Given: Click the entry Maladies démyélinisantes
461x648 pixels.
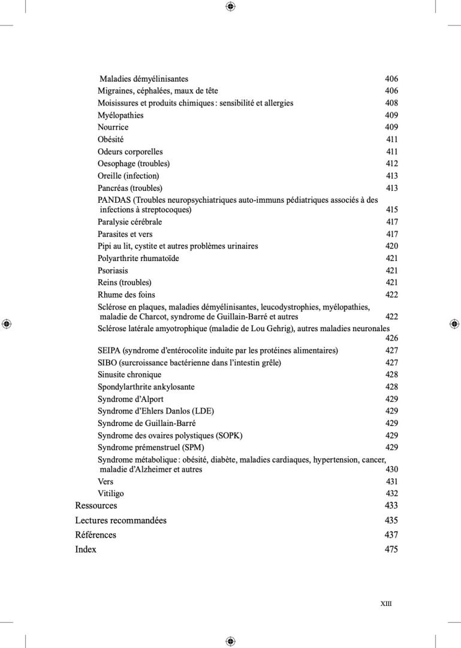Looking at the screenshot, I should (144, 79).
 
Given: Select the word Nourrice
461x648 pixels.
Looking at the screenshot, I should (113, 127).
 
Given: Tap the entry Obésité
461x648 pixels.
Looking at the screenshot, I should (110, 139).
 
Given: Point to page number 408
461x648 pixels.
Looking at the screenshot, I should (391, 103).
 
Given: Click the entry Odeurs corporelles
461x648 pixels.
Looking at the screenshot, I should (130, 152).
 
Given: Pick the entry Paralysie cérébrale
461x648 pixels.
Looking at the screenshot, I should (129, 222).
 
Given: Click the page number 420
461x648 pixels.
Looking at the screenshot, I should (391, 246).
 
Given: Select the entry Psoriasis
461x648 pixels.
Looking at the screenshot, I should (113, 271).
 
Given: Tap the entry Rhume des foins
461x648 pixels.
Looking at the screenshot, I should (126, 295).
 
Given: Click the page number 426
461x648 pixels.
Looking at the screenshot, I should (391, 338).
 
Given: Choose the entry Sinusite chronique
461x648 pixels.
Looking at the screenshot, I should (129, 375).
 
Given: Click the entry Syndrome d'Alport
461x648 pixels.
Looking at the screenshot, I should (131, 399).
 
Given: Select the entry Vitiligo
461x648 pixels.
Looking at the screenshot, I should (111, 494).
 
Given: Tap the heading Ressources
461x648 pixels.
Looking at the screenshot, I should (96, 506).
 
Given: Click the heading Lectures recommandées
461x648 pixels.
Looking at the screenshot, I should (120, 520).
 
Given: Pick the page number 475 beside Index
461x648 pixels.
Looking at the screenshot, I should (391, 549).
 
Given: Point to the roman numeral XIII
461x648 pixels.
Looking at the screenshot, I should (386, 604).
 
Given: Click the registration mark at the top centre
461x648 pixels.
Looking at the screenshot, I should (230, 7).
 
